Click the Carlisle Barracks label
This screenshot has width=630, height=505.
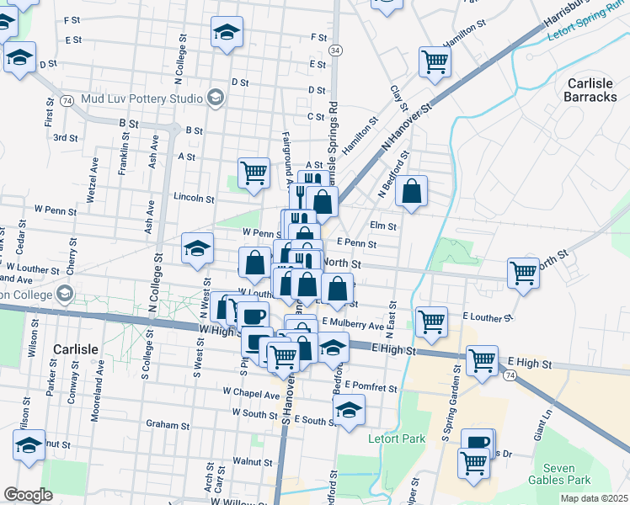[x=592, y=90]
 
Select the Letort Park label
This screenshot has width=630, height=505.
[x=397, y=439]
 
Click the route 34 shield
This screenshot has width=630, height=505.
[x=335, y=50]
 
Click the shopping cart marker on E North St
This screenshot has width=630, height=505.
[x=523, y=273]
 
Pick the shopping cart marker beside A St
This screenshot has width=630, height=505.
[x=254, y=173]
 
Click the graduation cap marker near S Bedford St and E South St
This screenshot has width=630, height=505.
[x=348, y=410]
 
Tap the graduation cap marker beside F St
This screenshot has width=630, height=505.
[x=227, y=32]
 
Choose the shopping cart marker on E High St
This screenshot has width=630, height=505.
[x=482, y=359]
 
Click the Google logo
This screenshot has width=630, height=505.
[x=28, y=495]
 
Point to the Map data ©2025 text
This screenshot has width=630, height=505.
[x=594, y=497]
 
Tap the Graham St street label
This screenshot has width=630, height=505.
[x=163, y=425]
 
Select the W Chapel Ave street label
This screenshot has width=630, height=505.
[x=250, y=393]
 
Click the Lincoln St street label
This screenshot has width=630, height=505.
[x=194, y=199]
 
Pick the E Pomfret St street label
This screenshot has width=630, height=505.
[x=371, y=387]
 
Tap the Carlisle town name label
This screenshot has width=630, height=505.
[x=76, y=348]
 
